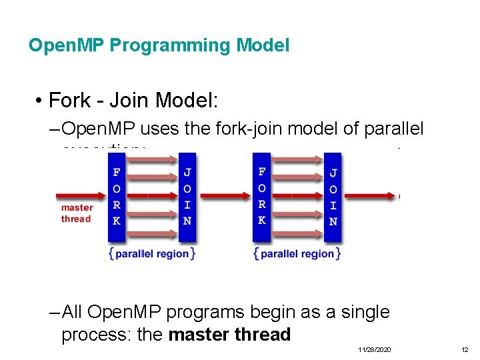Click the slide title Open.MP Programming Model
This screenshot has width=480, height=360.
[159, 45]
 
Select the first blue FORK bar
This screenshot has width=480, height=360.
[117, 197]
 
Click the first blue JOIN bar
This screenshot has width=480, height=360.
[187, 197]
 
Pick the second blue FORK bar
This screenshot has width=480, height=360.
[261, 197]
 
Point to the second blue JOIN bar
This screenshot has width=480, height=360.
[333, 197]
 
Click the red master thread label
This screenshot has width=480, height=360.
[77, 213]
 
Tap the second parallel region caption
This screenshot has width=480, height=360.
[297, 254]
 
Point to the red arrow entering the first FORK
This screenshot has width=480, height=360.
[80, 196]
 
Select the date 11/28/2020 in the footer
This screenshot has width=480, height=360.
[375, 349]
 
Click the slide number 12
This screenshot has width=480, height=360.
[465, 349]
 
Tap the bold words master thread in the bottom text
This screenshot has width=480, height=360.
[230, 334]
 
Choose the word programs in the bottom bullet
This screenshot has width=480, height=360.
[210, 312]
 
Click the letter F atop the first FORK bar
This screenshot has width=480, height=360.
[117, 172]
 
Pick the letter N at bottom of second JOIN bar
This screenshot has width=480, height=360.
[333, 221]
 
